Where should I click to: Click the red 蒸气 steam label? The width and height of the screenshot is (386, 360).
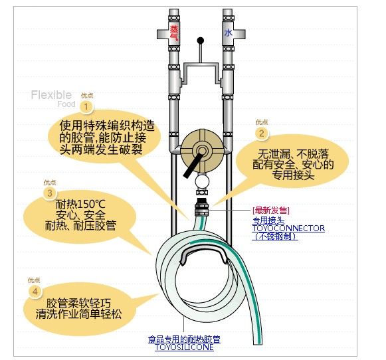[174, 33]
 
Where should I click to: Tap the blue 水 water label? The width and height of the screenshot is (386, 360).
[228, 33]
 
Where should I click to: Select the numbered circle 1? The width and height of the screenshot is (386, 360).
[86, 107]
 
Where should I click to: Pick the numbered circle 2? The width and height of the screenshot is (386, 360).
[262, 134]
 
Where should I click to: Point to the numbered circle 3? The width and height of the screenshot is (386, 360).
[49, 193]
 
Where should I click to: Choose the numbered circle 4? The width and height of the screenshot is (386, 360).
[35, 292]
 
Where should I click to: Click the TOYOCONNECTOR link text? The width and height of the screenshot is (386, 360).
[288, 228]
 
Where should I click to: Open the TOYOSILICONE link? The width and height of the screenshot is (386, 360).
[184, 347]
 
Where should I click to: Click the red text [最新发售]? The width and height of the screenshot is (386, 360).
[271, 211]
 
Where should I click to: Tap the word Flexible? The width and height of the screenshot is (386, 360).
[51, 95]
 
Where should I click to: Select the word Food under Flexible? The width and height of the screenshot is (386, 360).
[66, 104]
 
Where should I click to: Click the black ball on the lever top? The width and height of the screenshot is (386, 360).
[201, 41]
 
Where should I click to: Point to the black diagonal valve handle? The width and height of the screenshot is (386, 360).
[193, 165]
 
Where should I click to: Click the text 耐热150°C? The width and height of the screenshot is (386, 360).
[80, 204]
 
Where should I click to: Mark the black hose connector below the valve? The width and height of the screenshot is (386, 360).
[201, 206]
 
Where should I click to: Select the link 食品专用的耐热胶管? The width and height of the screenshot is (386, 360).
[184, 339]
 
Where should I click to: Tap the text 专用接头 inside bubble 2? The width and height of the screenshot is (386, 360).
[293, 175]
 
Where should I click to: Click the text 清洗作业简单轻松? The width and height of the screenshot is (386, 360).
[78, 314]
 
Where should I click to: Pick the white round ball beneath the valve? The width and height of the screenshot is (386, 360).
[202, 182]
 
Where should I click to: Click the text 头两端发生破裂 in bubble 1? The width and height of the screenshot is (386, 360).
[101, 149]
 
